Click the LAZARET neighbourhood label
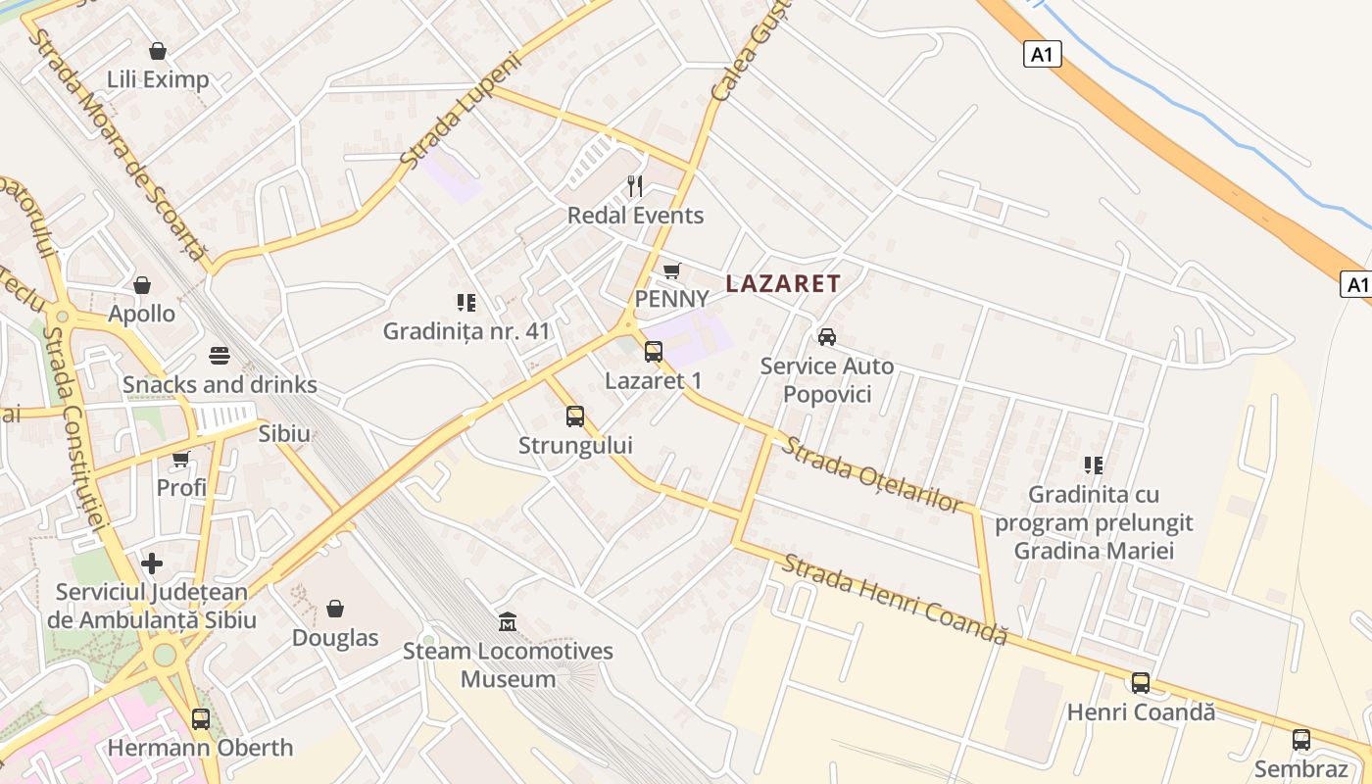point(783,284)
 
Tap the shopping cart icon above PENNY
point(671,270)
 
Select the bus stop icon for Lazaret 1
point(654,352)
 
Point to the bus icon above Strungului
point(575,416)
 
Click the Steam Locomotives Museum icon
point(508,621)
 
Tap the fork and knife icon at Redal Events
point(636,186)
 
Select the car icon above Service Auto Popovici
point(827,337)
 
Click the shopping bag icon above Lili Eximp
point(158,50)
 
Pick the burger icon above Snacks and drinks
point(220,356)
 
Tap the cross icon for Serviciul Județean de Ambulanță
point(152,563)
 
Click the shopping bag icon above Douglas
point(335,609)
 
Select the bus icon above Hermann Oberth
point(201,718)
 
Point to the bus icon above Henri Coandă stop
point(1141,683)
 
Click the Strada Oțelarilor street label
point(870,474)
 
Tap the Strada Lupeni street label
point(462,108)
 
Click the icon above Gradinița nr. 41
point(466,303)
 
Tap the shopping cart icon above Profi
point(181,459)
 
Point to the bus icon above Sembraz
point(1301,740)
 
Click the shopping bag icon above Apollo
point(142,285)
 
